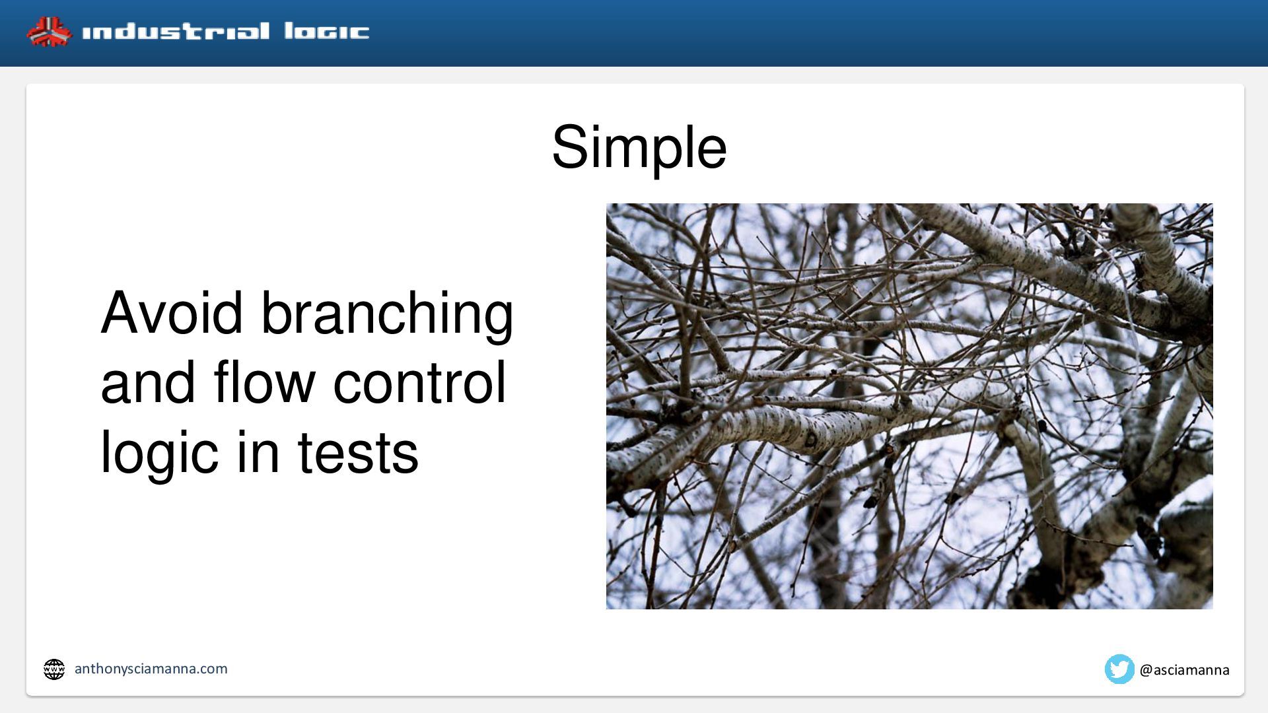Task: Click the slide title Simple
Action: [639, 148]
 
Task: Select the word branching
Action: [387, 317]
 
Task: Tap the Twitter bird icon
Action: [1119, 669]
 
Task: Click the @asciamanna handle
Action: [1185, 670]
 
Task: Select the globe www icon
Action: [54, 669]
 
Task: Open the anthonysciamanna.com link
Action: [151, 669]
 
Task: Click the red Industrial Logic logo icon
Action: [49, 32]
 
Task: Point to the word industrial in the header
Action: [176, 32]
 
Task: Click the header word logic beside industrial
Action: [327, 32]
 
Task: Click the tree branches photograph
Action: [909, 406]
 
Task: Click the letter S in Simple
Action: [571, 147]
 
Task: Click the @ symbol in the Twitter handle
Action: [1146, 670]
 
